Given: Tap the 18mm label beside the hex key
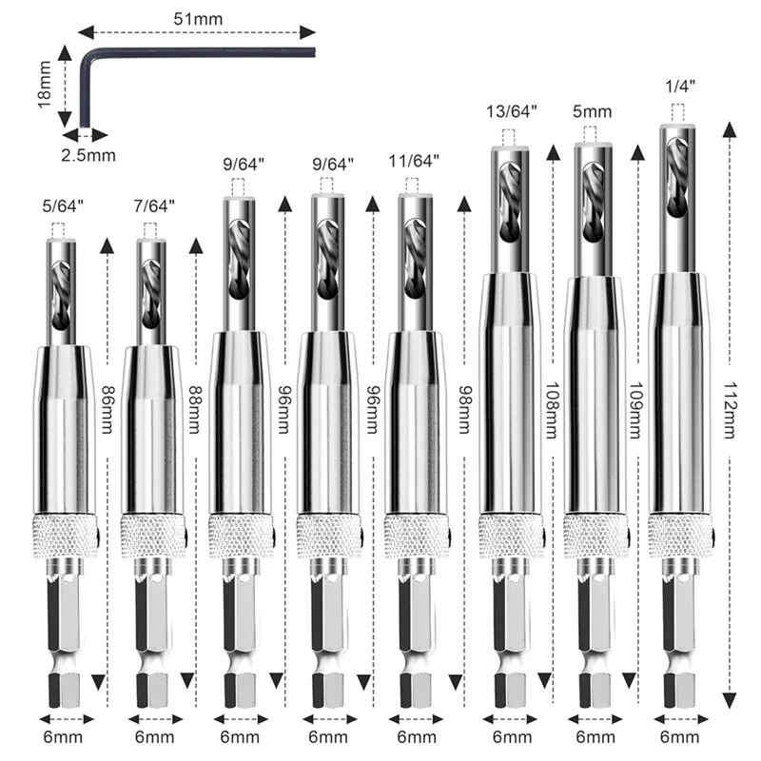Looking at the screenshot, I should coord(44,86).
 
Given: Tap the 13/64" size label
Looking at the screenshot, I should coord(513,111).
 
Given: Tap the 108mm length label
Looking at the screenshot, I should coord(550,409).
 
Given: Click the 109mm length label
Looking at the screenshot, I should coord(635,409).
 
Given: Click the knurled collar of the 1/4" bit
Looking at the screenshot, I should coord(680,531).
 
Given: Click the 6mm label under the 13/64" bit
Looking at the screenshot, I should coord(511,737).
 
